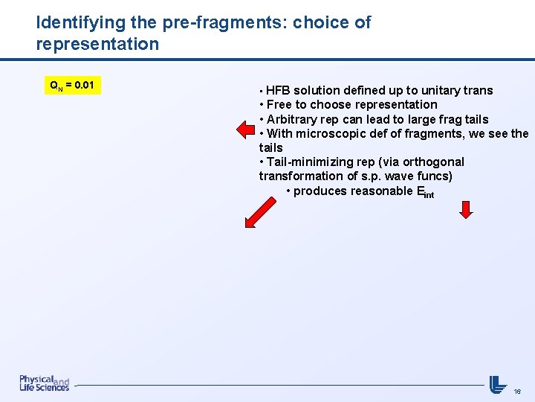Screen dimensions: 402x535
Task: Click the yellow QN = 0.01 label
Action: click(x=71, y=86)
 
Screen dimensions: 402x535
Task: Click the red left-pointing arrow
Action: click(x=245, y=130)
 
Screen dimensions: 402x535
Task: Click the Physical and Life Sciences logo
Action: click(x=44, y=383)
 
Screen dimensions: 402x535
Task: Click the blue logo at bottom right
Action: click(x=498, y=384)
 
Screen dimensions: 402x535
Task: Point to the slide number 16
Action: click(x=516, y=391)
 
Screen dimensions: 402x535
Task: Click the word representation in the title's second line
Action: click(x=97, y=44)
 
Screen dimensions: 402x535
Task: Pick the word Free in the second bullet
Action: click(x=279, y=104)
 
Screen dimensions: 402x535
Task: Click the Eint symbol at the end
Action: click(x=423, y=191)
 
